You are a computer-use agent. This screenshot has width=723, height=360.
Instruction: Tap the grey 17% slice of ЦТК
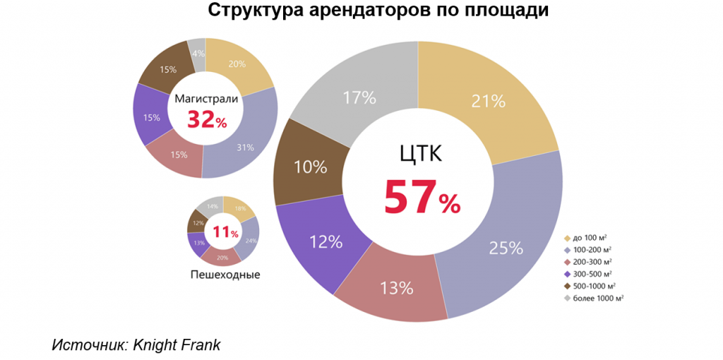[x=359, y=97]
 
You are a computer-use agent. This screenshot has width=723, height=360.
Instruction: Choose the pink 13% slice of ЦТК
[x=396, y=287]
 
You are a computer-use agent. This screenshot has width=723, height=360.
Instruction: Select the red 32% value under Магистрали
[x=206, y=120]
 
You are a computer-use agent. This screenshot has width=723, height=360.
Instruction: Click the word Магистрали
[x=206, y=99]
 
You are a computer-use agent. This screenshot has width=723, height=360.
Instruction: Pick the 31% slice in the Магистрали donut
[x=246, y=147]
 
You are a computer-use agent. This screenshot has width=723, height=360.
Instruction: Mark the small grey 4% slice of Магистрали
[x=198, y=54]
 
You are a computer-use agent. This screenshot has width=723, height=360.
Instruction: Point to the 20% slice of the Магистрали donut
[x=237, y=64]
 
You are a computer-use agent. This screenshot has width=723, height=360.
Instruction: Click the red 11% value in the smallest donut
[x=225, y=232]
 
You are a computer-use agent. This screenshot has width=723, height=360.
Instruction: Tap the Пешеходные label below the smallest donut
[x=225, y=274]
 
